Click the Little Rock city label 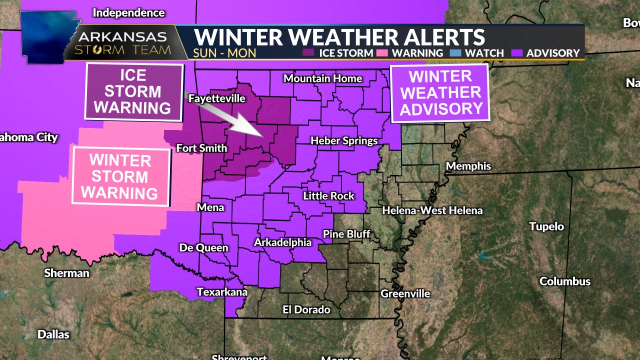[328, 196]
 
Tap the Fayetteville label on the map [216, 98]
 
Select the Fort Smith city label [201, 148]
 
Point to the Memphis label [468, 166]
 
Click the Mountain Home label [322, 78]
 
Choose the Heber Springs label [344, 140]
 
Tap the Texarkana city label [222, 291]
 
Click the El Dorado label [306, 309]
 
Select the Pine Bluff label [346, 234]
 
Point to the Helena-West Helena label [432, 210]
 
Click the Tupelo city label [546, 226]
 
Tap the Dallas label [53, 334]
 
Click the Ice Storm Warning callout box [132, 92]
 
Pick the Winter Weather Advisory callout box [440, 93]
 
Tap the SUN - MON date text [224, 53]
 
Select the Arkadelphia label [282, 242]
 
